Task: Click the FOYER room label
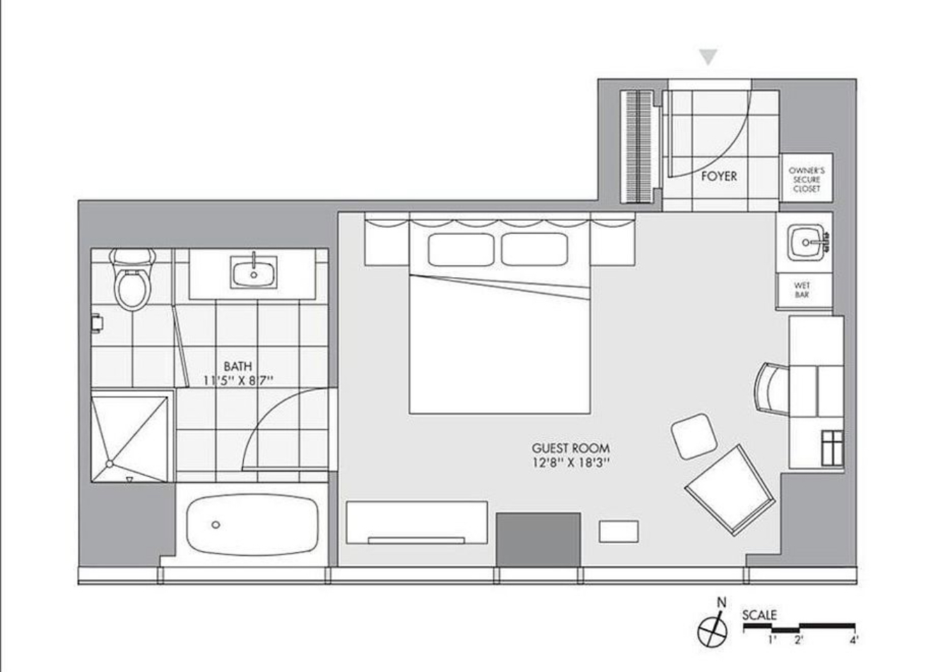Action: (719, 176)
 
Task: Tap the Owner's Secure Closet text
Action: (806, 180)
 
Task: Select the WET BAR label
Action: (802, 290)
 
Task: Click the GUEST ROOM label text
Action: (570, 448)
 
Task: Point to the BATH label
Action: (237, 366)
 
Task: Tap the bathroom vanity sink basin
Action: (254, 272)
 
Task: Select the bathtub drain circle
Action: (216, 525)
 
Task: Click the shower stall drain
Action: (110, 463)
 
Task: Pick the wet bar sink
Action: (806, 242)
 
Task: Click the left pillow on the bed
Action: (461, 249)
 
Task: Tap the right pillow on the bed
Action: (534, 249)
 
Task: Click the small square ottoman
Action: (694, 436)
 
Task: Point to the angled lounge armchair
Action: (730, 490)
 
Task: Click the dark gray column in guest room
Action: (539, 540)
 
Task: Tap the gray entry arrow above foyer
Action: (708, 57)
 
